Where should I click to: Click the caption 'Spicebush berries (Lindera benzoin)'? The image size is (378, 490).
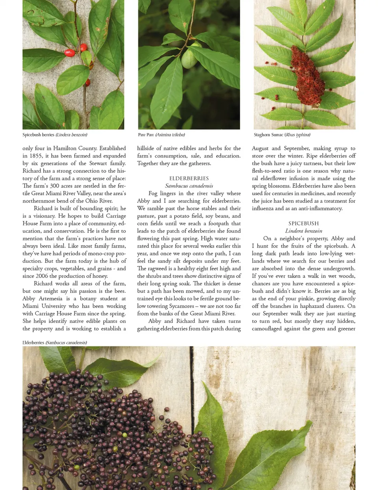(x=55, y=135)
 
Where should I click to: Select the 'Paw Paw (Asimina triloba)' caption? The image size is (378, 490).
(x=161, y=135)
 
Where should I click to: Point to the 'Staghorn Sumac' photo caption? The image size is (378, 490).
(x=282, y=135)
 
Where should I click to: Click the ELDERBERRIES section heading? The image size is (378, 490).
(x=189, y=178)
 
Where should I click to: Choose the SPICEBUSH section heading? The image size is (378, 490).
(x=304, y=223)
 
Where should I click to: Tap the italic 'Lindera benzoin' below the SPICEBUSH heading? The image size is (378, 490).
(x=304, y=231)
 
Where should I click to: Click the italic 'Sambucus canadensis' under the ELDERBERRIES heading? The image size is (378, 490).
(x=189, y=186)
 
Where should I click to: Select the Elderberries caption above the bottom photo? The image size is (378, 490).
(x=55, y=342)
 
